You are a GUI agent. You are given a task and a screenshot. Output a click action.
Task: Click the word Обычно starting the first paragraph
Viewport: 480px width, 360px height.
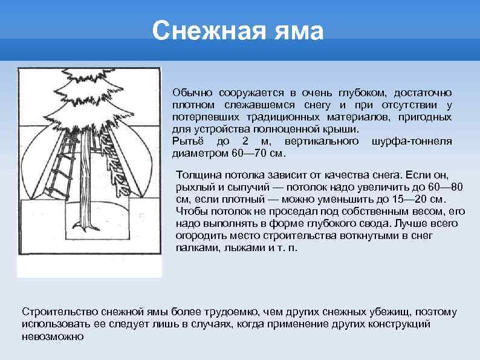190,93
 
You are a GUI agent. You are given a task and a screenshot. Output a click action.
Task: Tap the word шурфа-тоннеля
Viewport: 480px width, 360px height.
412,141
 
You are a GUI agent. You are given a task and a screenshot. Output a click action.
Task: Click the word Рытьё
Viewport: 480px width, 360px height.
186,141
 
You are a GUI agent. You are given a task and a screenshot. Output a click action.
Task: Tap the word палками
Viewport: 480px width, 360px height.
195,249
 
